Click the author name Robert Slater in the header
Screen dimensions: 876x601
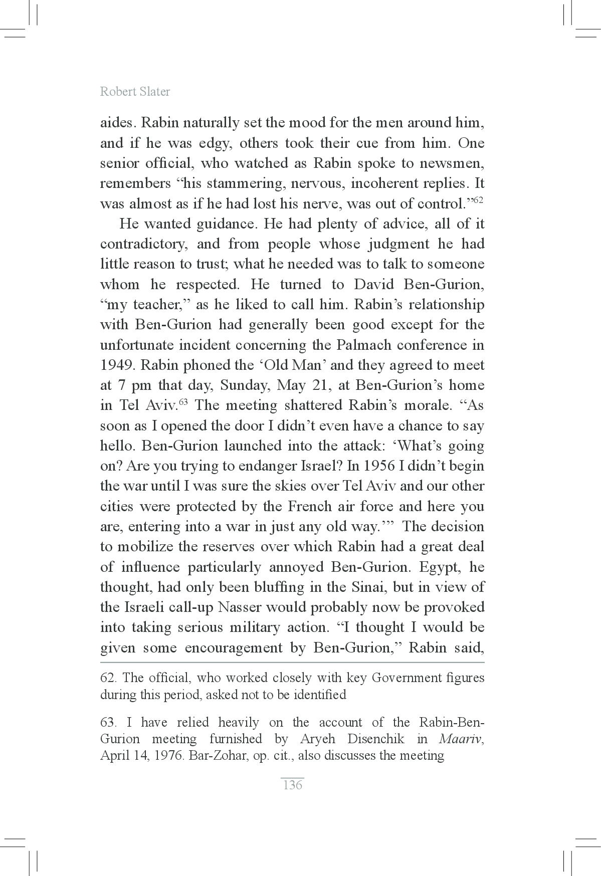click(x=135, y=92)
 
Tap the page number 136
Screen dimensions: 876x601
click(x=293, y=785)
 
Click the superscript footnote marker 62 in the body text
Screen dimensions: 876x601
click(x=478, y=200)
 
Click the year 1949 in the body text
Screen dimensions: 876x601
click(x=117, y=365)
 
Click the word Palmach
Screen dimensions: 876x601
click(x=360, y=345)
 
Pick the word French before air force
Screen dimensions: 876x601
click(x=309, y=506)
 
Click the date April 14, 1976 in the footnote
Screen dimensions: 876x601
click(x=142, y=756)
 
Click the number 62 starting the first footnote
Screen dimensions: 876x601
click(x=108, y=678)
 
